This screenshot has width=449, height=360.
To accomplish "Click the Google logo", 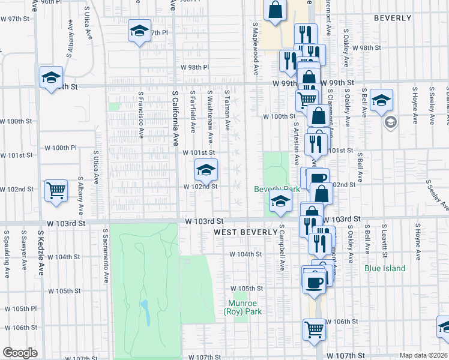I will [x=19, y=353].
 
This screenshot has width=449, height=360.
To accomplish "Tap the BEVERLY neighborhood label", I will [x=393, y=19].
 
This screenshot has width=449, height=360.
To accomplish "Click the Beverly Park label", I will [x=277, y=189].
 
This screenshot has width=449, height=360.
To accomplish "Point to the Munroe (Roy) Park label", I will [x=242, y=307].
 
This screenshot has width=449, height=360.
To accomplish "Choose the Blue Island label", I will [x=384, y=268].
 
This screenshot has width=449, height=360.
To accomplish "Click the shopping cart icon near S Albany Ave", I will [x=56, y=191].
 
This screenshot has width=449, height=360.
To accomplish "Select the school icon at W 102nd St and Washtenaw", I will [x=206, y=170].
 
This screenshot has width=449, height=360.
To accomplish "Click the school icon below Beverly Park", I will [x=280, y=203].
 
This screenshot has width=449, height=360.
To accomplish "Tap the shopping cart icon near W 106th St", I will [x=315, y=329].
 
